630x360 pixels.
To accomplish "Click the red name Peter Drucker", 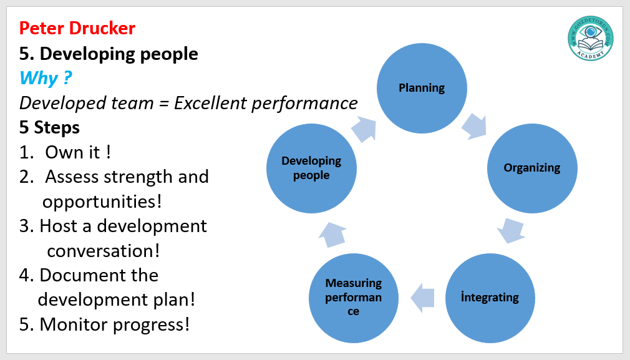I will (77, 28).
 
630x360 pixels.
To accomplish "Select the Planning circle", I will (422, 88).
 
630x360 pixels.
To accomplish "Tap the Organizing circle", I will (531, 168).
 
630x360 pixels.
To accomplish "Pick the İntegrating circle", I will (490, 298).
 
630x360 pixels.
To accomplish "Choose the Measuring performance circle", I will (354, 298).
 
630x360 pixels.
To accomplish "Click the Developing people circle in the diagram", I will (311, 168).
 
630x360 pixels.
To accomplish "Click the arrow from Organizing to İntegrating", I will (511, 230).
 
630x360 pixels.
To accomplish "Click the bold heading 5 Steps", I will (49, 128).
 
